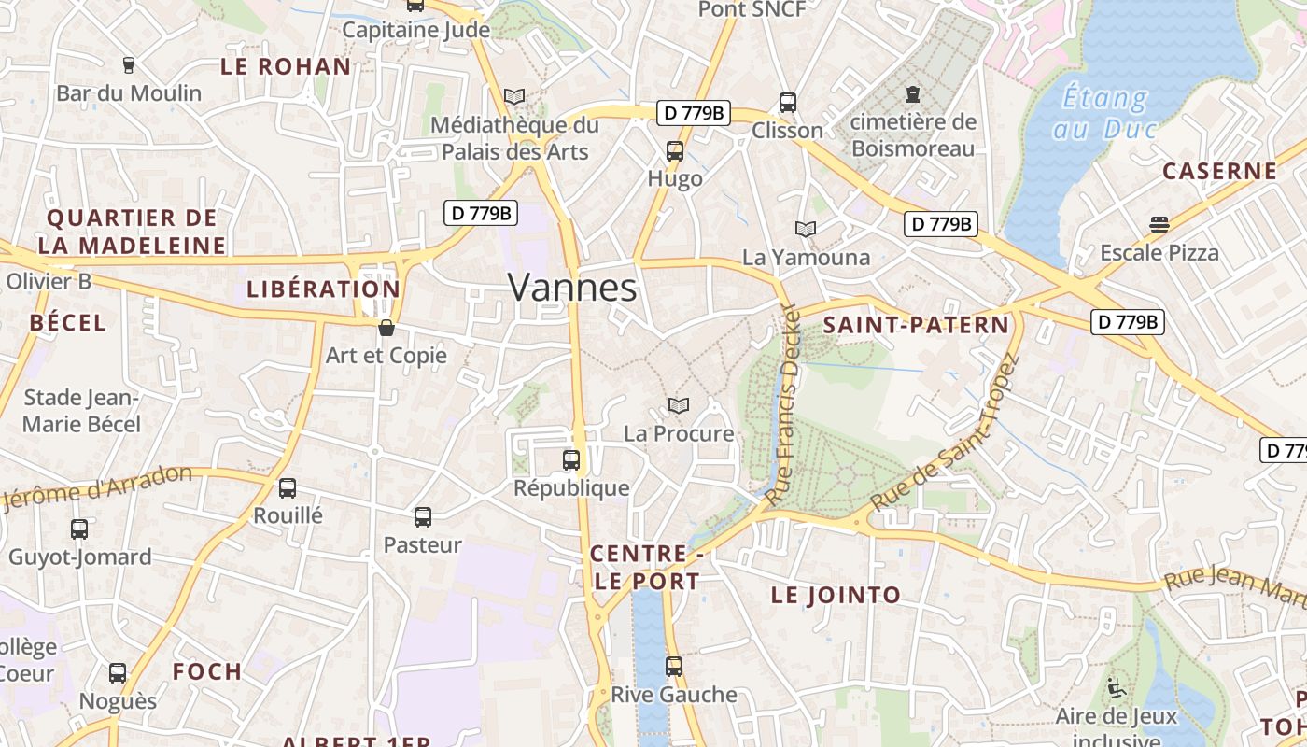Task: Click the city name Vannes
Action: click(572, 288)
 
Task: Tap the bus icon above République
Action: click(571, 459)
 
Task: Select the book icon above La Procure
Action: click(679, 405)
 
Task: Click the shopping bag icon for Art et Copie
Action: click(386, 328)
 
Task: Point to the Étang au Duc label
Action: click(1105, 112)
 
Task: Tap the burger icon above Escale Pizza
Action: click(1159, 224)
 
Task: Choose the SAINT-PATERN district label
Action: click(916, 325)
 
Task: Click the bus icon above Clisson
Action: click(788, 102)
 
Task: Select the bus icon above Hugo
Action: click(674, 150)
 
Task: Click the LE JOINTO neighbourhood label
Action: click(836, 595)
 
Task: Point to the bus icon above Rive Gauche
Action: click(674, 667)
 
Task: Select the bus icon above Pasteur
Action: click(423, 516)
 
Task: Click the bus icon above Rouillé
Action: click(288, 487)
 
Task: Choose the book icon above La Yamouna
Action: click(806, 228)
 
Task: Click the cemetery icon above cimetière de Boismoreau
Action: click(912, 94)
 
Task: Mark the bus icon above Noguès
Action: click(118, 672)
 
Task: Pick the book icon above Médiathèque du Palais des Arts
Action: click(514, 95)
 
